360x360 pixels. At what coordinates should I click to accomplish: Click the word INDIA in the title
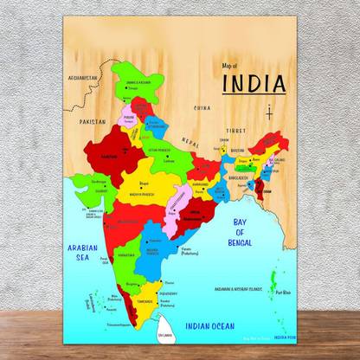(254, 84)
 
